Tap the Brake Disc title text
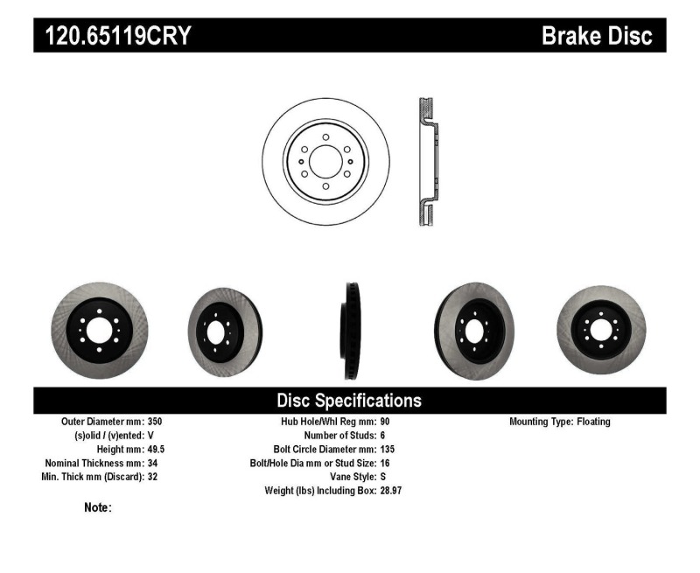click(x=597, y=36)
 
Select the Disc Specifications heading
click(x=349, y=401)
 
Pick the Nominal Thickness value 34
click(x=153, y=463)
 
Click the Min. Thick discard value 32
click(x=153, y=477)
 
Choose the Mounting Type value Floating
click(x=594, y=422)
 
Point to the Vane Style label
click(x=347, y=477)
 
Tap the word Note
click(x=97, y=507)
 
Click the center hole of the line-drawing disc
click(x=325, y=162)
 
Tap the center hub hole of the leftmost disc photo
click(x=99, y=331)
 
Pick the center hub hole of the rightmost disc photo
click(x=600, y=330)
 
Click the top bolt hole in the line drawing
click(x=325, y=137)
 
